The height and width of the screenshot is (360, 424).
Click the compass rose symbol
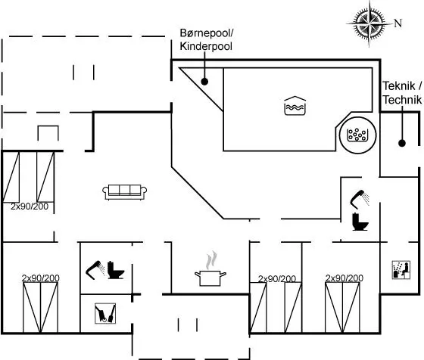coord(369,23)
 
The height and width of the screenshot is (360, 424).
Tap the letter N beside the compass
coord(397,23)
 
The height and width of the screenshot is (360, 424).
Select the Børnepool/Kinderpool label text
coord(206,39)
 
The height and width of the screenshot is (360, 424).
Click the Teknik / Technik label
coord(402,92)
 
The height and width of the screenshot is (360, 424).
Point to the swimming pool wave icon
coord(295,106)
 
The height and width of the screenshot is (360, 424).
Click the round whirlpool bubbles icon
coord(357,135)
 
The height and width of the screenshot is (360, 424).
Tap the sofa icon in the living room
coord(125,192)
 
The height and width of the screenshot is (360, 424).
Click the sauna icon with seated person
coord(401,269)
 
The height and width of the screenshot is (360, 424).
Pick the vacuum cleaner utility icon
coord(105,313)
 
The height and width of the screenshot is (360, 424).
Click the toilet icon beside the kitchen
coord(115,270)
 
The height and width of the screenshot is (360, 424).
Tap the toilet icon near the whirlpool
coord(360,222)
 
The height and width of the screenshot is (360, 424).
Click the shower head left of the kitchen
coord(95,270)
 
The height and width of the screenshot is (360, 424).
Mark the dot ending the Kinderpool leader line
coord(204,81)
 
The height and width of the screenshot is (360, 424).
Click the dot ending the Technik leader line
coord(402,143)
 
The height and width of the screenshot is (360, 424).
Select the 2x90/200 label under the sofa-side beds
coord(30,206)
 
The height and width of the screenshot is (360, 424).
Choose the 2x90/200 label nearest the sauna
coord(344,278)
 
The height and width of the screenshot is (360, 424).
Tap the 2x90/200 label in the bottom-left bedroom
coord(41,278)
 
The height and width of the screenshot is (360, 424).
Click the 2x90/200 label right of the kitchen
coord(277,278)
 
